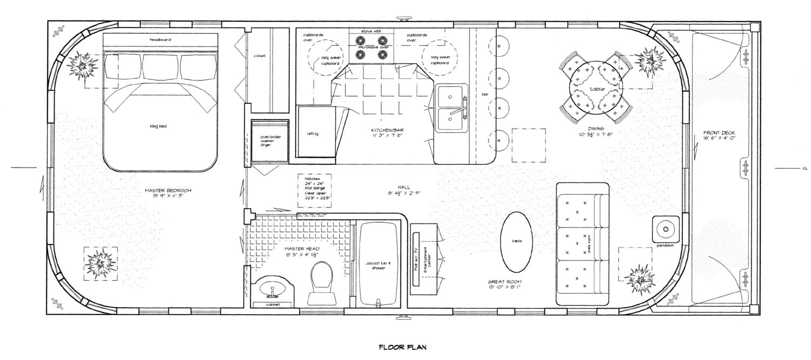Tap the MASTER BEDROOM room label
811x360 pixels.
168,193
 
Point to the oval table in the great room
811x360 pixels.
517,241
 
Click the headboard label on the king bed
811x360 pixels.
161,39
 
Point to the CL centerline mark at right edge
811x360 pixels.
805,169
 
